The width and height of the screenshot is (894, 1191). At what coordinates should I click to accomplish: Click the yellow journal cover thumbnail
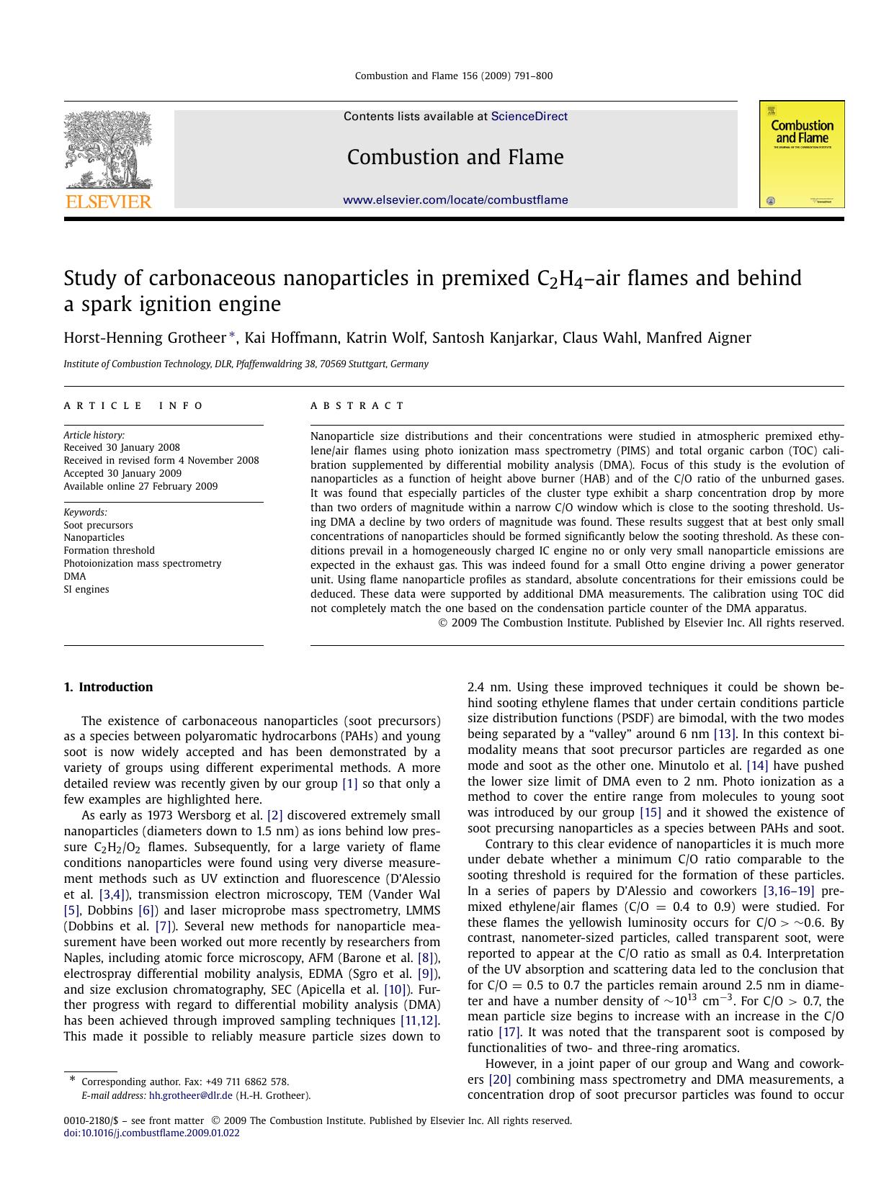click(x=802, y=154)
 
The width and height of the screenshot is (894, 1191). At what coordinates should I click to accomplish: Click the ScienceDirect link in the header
click(x=529, y=117)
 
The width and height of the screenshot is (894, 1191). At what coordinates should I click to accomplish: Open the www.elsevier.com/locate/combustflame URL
click(x=455, y=200)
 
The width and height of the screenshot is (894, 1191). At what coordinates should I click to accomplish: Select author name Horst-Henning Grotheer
click(x=145, y=338)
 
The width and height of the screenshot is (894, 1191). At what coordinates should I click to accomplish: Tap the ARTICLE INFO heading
click(x=134, y=406)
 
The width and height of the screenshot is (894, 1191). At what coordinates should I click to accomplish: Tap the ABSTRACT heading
click(x=358, y=406)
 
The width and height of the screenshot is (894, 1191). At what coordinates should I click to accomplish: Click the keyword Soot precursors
click(x=98, y=525)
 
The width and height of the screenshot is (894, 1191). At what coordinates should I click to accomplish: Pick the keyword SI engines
click(x=86, y=589)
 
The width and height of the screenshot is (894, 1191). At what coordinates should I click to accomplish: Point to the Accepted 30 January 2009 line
click(x=122, y=473)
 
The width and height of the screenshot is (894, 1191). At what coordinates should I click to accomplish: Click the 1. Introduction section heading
click(x=108, y=687)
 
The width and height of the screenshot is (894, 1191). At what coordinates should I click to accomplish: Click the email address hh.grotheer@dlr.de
click(x=190, y=1095)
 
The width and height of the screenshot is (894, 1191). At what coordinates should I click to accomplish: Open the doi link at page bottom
click(x=151, y=1133)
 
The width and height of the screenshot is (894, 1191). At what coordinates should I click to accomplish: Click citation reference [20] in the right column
click(x=500, y=1079)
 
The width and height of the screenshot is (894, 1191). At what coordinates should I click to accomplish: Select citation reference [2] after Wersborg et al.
click(x=274, y=815)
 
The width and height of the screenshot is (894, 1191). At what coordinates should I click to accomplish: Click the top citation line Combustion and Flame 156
click(x=454, y=76)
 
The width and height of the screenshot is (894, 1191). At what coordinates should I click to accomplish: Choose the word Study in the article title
click(x=90, y=279)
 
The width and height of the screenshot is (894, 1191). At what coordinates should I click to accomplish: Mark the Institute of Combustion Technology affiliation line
click(x=246, y=364)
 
